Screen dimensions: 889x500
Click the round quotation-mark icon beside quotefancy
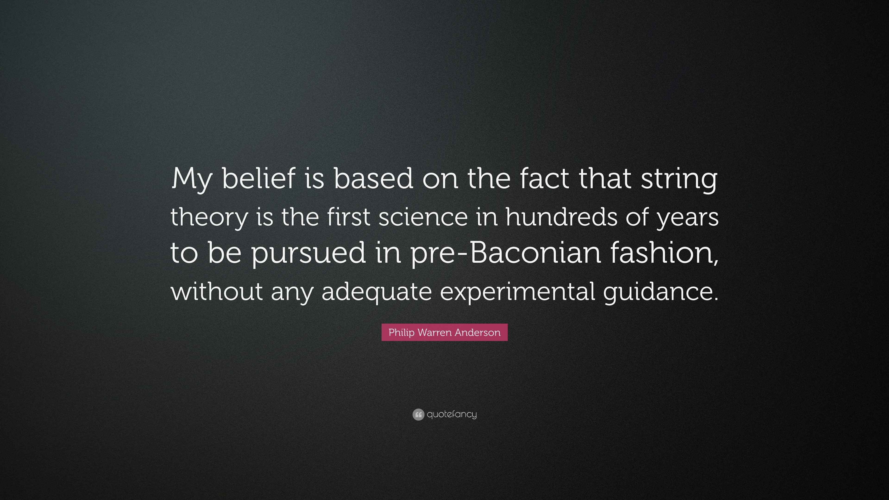click(x=418, y=414)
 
